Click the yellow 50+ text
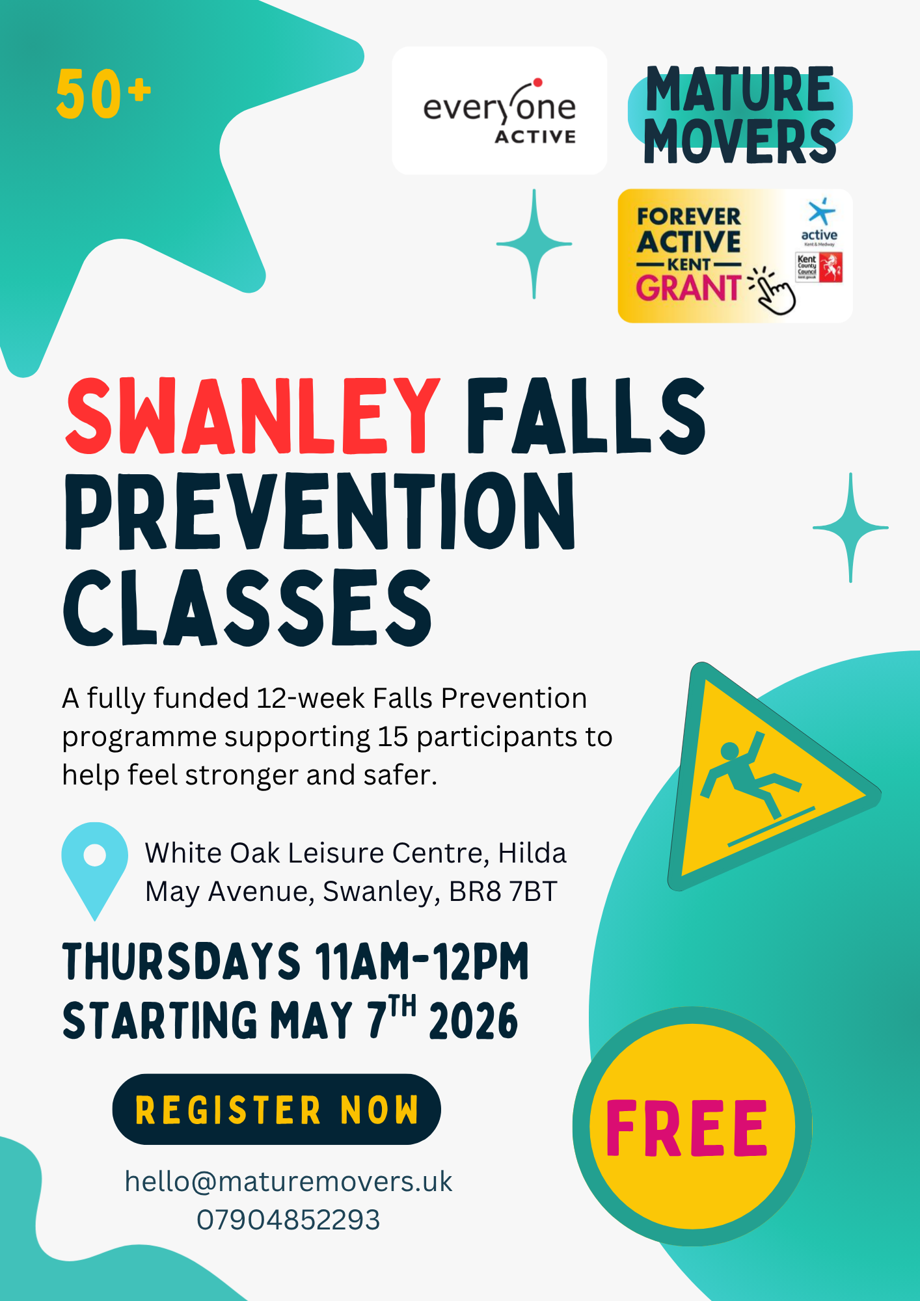pos(103,94)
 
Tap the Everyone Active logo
pos(500,111)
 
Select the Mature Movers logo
pos(740,114)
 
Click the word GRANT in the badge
pos(688,288)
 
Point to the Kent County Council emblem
pos(820,267)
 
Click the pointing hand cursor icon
pos(773,291)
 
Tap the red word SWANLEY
pos(252,416)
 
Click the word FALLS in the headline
pos(586,416)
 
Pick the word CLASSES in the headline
pos(247,608)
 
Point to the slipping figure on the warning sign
pos(748,774)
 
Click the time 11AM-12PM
pos(422,961)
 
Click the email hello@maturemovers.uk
pos(288,1182)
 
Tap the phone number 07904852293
pos(288,1220)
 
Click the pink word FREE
pos(687,1128)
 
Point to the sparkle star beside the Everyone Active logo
pos(534,244)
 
